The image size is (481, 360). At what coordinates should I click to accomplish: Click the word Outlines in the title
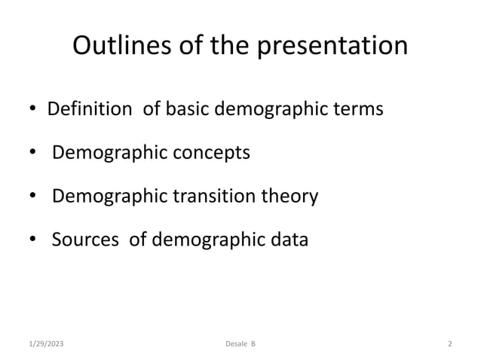pyautogui.click(x=118, y=46)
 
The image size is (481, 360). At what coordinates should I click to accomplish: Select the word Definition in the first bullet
pyautogui.click(x=89, y=109)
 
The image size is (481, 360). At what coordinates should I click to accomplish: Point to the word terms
pyautogui.click(x=357, y=109)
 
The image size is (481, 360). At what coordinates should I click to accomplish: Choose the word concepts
pyautogui.click(x=213, y=154)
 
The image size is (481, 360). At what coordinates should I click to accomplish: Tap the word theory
pyautogui.click(x=291, y=198)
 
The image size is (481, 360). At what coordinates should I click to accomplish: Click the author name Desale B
pyautogui.click(x=240, y=344)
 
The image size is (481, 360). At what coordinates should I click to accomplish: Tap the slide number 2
pyautogui.click(x=449, y=344)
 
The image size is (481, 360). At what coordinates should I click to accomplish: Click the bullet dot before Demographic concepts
pyautogui.click(x=33, y=154)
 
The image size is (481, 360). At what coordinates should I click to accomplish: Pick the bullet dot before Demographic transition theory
pyautogui.click(x=33, y=198)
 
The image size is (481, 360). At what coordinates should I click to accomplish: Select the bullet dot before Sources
pyautogui.click(x=33, y=242)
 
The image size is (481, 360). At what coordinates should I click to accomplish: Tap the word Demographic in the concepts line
pyautogui.click(x=111, y=154)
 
